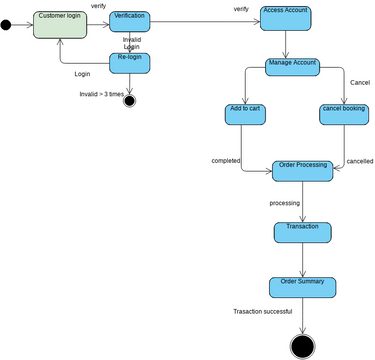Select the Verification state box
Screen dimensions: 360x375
click(x=129, y=21)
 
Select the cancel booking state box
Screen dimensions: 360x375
click(x=343, y=113)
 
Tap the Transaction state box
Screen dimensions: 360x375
click(x=302, y=232)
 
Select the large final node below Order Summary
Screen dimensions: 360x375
click(x=302, y=345)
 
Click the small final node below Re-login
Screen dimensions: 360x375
click(x=129, y=101)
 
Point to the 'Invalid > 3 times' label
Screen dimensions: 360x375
click(x=103, y=94)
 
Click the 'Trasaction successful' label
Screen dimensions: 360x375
click(x=262, y=311)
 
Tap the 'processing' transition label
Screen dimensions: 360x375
click(x=285, y=203)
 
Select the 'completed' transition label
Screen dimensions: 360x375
click(x=226, y=160)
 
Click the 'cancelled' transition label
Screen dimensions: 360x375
click(x=359, y=160)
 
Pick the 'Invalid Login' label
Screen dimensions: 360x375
click(x=132, y=43)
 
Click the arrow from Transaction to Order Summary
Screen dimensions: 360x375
click(x=302, y=260)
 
